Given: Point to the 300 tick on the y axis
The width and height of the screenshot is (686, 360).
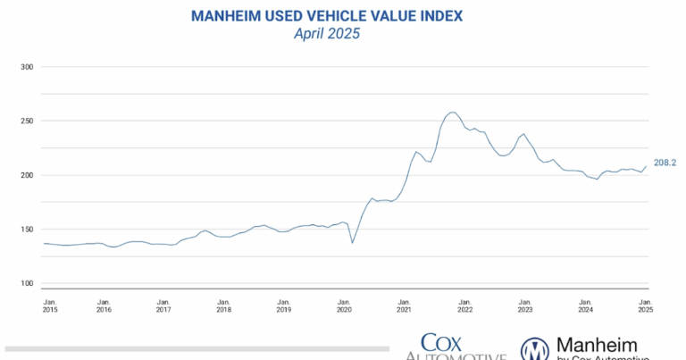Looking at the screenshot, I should (x=26, y=67).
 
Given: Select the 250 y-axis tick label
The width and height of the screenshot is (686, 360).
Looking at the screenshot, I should (x=26, y=121).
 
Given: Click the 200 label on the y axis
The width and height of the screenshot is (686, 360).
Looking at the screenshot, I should (x=26, y=175).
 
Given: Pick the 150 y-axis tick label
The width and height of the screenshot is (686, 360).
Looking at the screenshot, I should (x=26, y=230).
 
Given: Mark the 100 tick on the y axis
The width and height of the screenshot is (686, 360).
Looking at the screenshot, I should (x=26, y=283).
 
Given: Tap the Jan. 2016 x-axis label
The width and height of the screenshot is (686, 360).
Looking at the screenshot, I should (x=104, y=306).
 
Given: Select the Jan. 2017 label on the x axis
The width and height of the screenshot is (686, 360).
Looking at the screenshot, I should (x=163, y=306).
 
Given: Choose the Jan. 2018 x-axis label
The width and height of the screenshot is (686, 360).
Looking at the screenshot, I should (x=223, y=306).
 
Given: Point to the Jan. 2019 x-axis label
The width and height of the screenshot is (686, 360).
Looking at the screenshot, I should (x=283, y=306).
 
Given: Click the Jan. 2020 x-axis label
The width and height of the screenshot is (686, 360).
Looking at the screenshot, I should (x=343, y=306).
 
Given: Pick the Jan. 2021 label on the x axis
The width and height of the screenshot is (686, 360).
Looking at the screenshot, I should (x=404, y=306).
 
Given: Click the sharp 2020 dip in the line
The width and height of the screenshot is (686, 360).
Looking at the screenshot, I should (x=353, y=243).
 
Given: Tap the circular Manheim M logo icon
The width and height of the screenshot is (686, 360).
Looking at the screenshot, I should (x=535, y=349).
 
